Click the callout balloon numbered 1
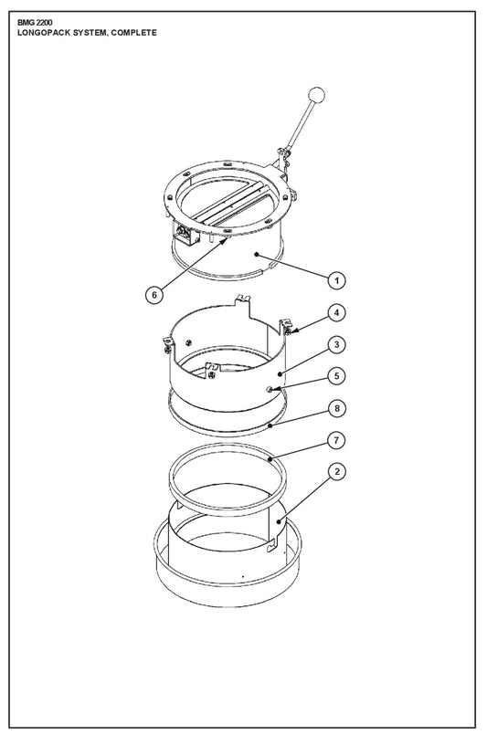pos(336,280)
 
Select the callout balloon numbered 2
pos(336,471)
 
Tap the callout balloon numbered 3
pos(336,344)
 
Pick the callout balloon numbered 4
pos(336,312)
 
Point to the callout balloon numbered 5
pos(336,375)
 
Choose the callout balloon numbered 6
pos(154,295)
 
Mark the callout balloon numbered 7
pos(336,440)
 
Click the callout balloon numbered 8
pos(336,408)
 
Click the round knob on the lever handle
pos(317,95)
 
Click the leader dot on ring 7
pos(270,459)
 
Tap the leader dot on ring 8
pos(270,425)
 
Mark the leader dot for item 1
pos(257,254)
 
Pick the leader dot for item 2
pos(279,520)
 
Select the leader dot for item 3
pos(280,373)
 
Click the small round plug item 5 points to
pos(270,389)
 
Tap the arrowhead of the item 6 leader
pos(228,241)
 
